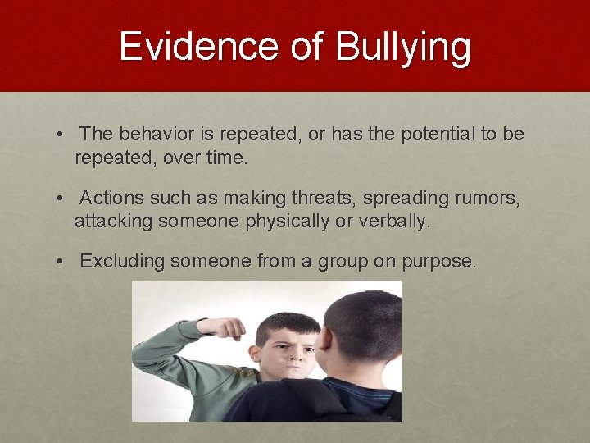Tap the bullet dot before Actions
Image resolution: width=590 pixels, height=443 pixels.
[x=61, y=199]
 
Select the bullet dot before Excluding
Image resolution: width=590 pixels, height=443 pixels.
[x=61, y=262]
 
